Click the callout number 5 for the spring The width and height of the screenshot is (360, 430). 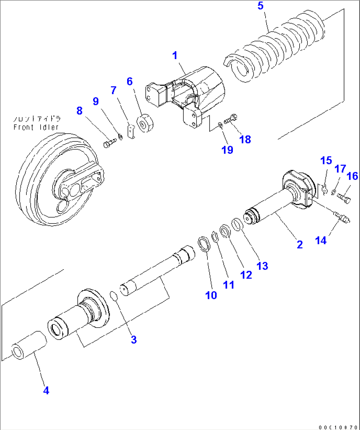[x=261, y=6]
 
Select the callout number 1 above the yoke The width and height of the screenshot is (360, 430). [x=175, y=55]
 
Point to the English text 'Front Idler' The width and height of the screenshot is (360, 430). [x=36, y=127]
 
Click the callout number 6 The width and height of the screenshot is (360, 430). [x=129, y=81]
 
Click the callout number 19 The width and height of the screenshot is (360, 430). [x=227, y=150]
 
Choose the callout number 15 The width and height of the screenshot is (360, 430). [x=326, y=161]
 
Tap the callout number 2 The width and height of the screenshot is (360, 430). [x=300, y=245]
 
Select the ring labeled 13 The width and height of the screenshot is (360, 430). [x=237, y=225]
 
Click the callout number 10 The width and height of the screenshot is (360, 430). [x=211, y=295]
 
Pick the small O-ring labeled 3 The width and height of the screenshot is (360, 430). [x=114, y=296]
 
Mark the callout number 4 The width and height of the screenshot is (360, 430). [x=46, y=390]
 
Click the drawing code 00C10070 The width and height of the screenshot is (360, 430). [x=338, y=427]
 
